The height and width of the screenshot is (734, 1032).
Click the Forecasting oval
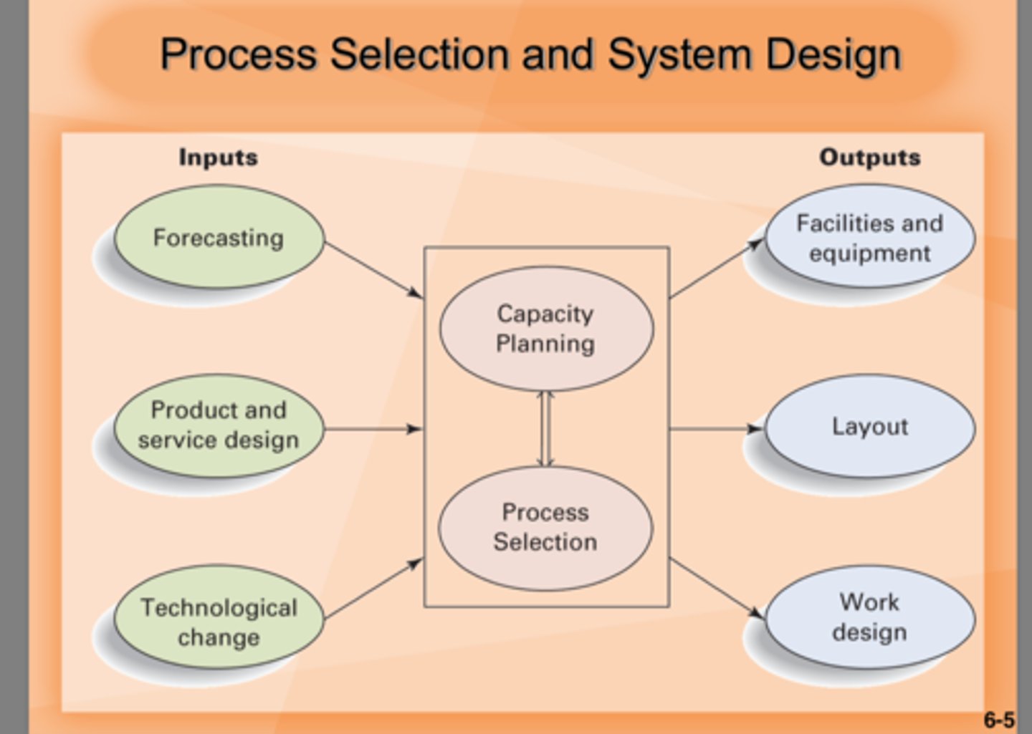(219, 238)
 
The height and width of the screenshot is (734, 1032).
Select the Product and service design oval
(219, 426)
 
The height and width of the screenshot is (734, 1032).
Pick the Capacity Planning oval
(546, 329)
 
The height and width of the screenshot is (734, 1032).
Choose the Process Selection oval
(545, 528)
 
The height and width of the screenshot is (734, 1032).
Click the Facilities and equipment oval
(869, 238)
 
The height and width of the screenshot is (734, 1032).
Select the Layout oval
(869, 427)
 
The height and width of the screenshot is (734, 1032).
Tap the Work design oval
(869, 617)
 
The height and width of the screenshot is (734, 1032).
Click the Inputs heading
(218, 157)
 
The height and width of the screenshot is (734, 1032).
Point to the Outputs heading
(869, 157)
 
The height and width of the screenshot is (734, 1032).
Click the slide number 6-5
(998, 719)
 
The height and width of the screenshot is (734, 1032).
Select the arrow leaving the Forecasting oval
(373, 269)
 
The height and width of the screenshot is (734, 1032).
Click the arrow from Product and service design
(373, 429)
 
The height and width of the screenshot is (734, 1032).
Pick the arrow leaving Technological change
(373, 588)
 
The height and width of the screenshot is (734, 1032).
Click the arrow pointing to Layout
(716, 429)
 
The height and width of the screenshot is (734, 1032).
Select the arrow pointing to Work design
(716, 587)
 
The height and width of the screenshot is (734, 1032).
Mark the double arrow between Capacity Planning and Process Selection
(546, 429)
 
